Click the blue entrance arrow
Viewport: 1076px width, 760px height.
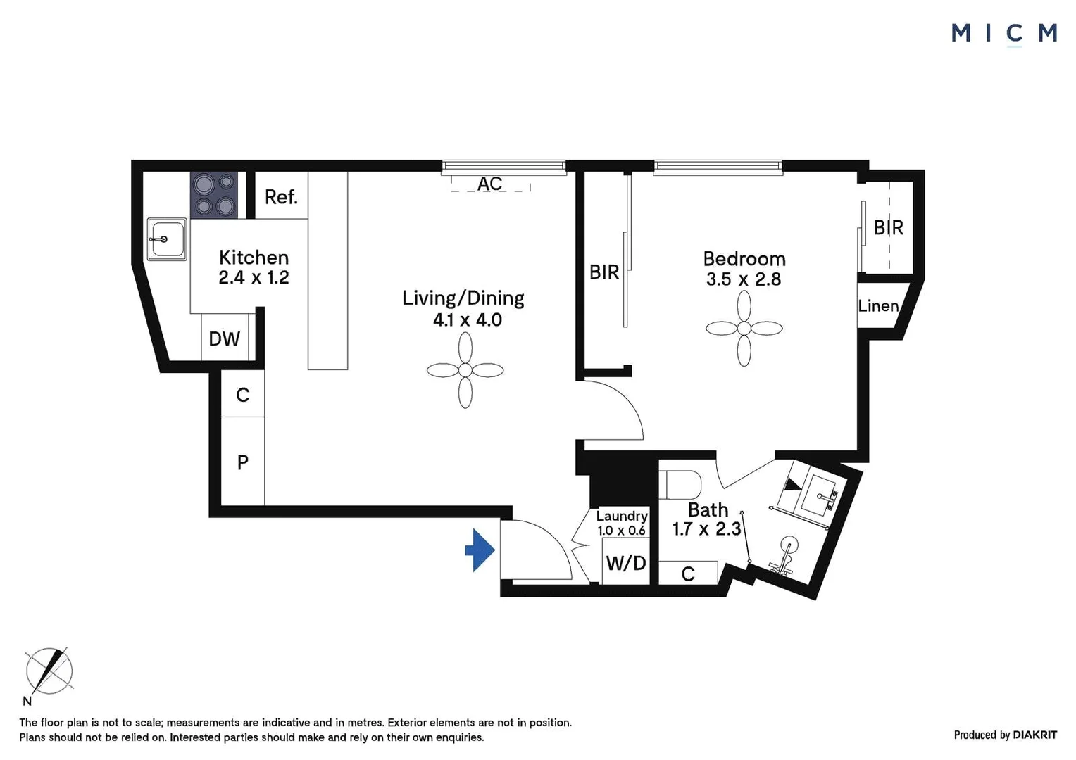481,550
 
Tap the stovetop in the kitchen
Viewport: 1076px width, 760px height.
214,195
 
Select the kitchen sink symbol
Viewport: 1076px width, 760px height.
167,239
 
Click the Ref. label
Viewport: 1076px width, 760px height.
281,197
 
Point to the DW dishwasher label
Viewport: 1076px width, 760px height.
224,339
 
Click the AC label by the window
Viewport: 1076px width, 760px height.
490,184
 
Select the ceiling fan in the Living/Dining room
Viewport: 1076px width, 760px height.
465,370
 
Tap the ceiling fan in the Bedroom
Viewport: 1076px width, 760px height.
744,328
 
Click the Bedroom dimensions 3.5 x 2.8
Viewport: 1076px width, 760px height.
744,279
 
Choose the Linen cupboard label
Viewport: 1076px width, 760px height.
877,306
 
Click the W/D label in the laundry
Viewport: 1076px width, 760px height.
625,563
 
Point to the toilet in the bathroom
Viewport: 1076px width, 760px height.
681,484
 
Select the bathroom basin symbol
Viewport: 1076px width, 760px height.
818,493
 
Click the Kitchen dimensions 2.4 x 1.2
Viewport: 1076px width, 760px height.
254,277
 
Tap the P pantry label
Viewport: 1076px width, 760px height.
243,462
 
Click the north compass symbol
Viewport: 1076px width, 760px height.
49,671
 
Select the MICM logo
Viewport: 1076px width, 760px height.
1003,33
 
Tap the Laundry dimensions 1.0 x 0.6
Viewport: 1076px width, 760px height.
621,531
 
